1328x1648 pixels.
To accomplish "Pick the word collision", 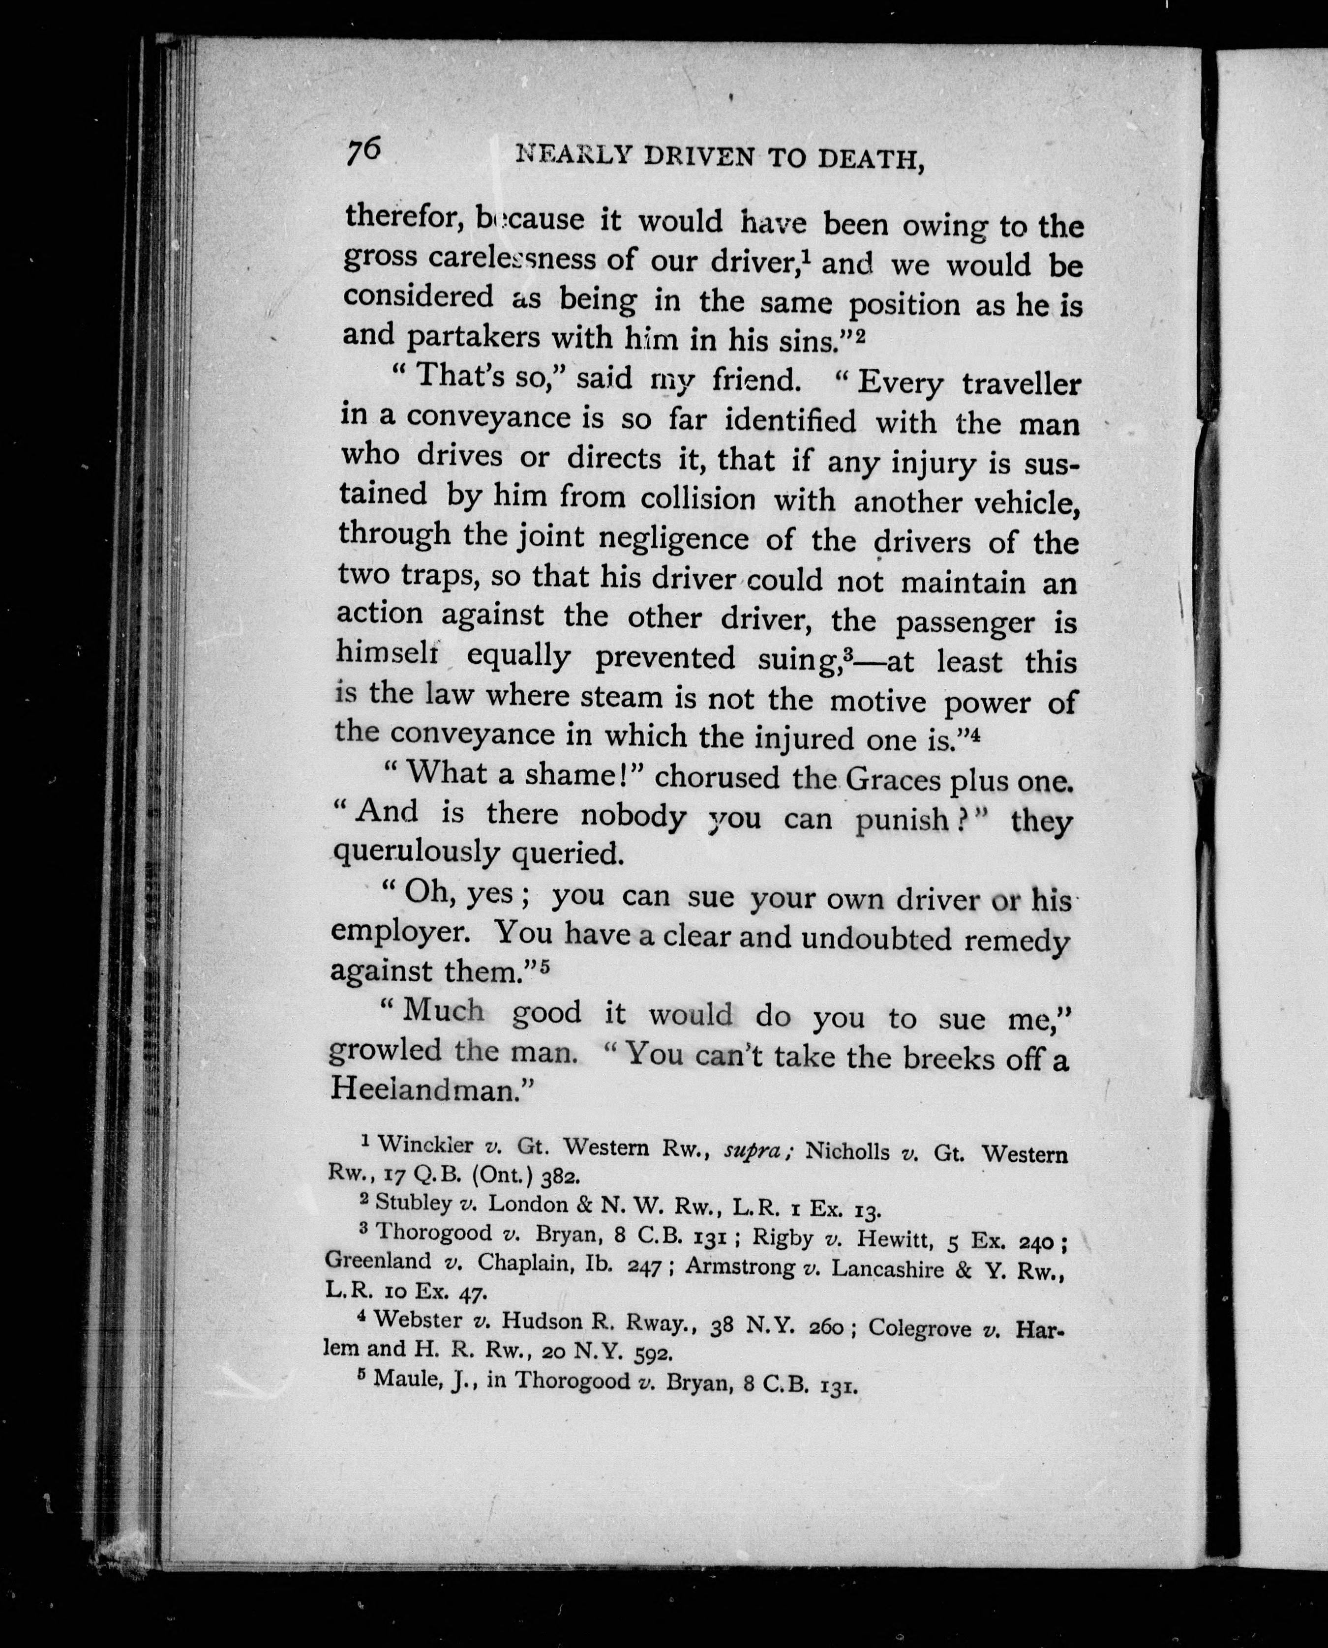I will pyautogui.click(x=697, y=500).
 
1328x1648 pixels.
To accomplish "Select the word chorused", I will pyautogui.click(x=717, y=777).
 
